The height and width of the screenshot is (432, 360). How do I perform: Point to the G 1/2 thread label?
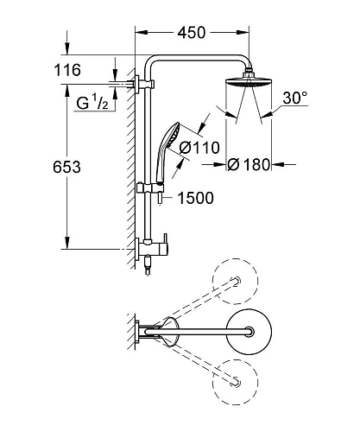[89, 105]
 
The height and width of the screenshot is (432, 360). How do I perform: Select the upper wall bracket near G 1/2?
[143, 84]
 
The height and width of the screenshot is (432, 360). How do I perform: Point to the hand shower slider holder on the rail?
[156, 185]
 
